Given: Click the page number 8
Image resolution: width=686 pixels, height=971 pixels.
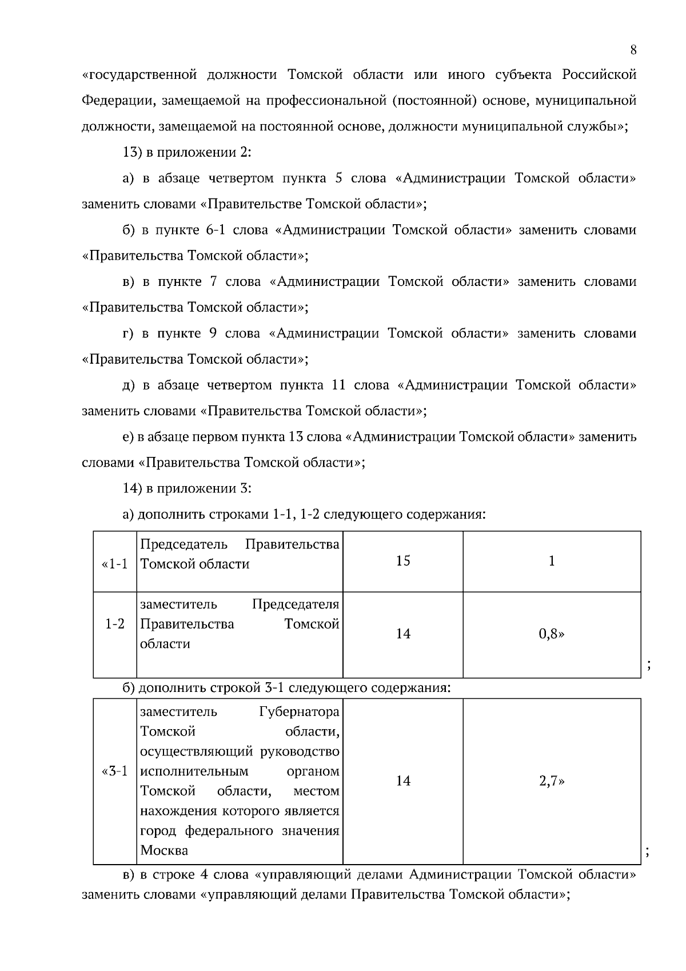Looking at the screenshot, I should (633, 50).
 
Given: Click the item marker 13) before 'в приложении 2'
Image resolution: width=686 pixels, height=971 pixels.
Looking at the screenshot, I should (132, 153).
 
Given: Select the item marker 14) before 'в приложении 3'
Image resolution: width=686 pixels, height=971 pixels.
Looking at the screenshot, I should (132, 488).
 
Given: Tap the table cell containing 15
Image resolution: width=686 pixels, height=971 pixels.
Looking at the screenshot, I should (403, 561).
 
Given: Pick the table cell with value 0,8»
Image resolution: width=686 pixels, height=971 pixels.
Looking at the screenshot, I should (551, 634).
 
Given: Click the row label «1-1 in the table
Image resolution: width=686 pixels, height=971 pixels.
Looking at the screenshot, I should (115, 564).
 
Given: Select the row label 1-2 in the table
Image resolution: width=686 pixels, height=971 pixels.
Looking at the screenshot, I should (115, 624).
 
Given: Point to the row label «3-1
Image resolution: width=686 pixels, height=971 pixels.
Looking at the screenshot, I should (115, 772).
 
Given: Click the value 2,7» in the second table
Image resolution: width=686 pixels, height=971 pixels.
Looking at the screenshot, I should (551, 781).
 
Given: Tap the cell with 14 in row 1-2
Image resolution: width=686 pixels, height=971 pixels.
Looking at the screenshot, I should (403, 634).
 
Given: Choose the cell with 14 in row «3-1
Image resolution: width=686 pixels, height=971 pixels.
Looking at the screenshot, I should (403, 781).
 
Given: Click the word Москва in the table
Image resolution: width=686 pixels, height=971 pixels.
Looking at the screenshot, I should (164, 850).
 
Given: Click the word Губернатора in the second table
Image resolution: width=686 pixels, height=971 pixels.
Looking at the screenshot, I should (299, 712).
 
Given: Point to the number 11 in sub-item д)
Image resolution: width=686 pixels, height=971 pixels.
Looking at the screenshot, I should (338, 385).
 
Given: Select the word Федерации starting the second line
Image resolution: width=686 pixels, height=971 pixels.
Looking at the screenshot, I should (117, 101).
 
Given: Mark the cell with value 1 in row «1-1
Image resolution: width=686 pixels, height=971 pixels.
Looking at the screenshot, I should (551, 561).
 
